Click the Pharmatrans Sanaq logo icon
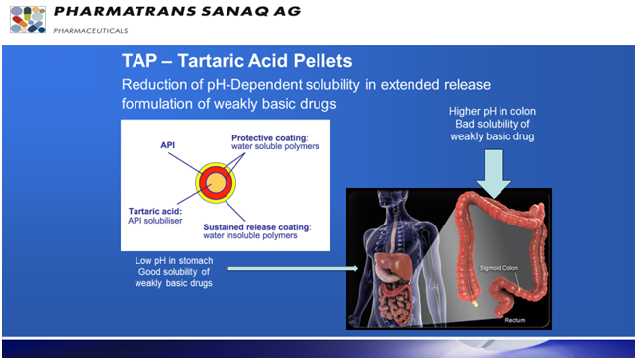click(27, 19)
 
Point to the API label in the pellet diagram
click(169, 144)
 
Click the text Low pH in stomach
click(179, 260)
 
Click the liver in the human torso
click(391, 260)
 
